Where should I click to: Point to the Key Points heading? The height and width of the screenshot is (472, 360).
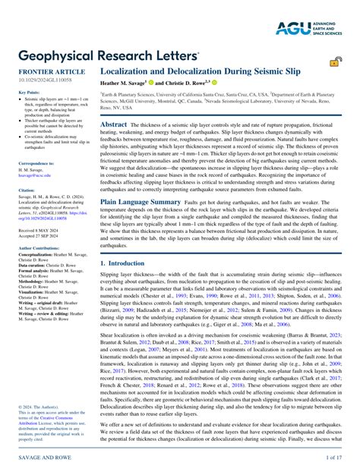[29, 92]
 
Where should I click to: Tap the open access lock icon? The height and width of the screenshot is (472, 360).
[335, 67]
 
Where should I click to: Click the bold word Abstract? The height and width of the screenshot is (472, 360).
[114, 124]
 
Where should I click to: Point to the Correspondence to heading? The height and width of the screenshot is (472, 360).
[36, 163]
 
